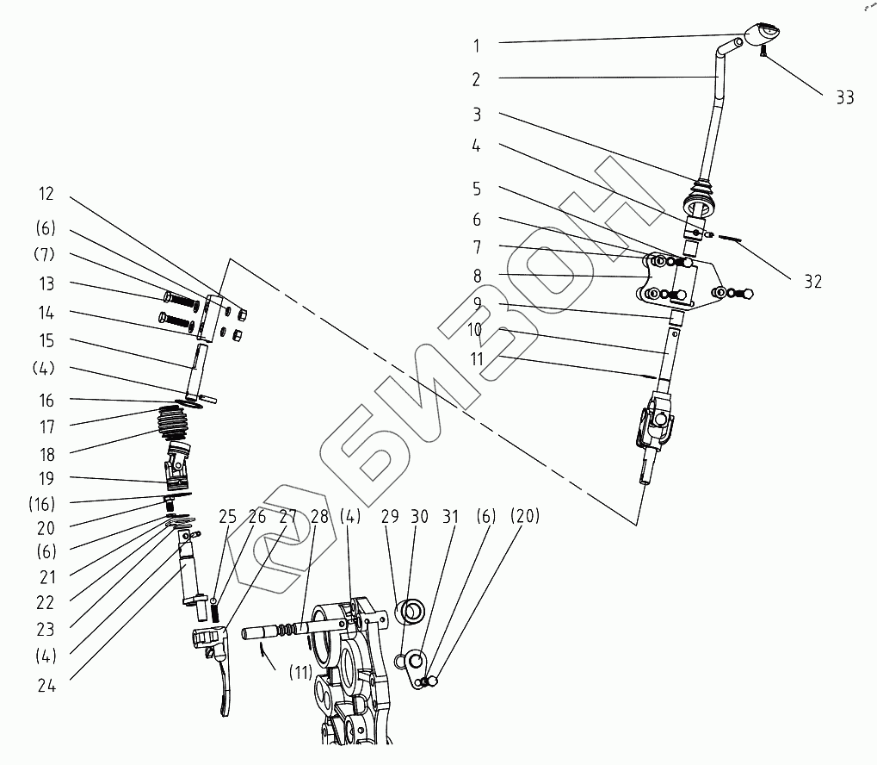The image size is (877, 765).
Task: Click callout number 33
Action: pyautogui.click(x=844, y=97)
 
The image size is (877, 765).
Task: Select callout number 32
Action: pyautogui.click(x=812, y=281)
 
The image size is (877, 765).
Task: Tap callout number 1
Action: pyautogui.click(x=476, y=46)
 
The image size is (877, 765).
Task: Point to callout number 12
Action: pyautogui.click(x=46, y=194)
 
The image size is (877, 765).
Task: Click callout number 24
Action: pyautogui.click(x=46, y=686)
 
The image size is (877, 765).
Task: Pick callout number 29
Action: pyautogui.click(x=390, y=516)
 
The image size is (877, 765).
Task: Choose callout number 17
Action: pyautogui.click(x=47, y=427)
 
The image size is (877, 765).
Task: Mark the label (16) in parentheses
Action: pyautogui.click(x=42, y=504)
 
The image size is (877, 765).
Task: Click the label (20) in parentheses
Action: pyautogui.click(x=525, y=516)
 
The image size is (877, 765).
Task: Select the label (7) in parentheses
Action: pyautogui.click(x=44, y=254)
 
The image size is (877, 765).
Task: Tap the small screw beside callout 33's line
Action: pyautogui.click(x=763, y=52)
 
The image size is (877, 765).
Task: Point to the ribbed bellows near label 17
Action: pyautogui.click(x=174, y=422)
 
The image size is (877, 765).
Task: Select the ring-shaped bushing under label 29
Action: pyautogui.click(x=410, y=611)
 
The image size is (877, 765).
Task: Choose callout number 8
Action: pyautogui.click(x=477, y=276)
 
